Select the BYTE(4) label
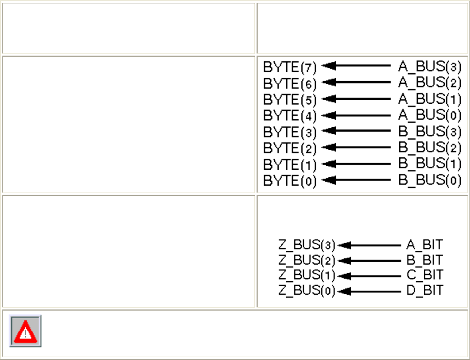pyautogui.click(x=289, y=115)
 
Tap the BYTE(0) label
pyautogui.click(x=289, y=181)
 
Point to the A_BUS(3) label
pyautogui.click(x=430, y=66)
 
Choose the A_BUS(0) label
pyautogui.click(x=430, y=115)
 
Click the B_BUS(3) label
pyautogui.click(x=430, y=132)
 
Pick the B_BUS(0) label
pyautogui.click(x=430, y=181)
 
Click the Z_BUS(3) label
pyautogui.click(x=307, y=246)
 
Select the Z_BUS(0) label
pyautogui.click(x=307, y=291)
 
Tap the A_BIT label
pyautogui.click(x=425, y=246)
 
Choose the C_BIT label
pyautogui.click(x=425, y=276)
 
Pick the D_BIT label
pyautogui.click(x=425, y=291)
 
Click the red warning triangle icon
pyautogui.click(x=25, y=331)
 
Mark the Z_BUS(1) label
pyautogui.click(x=307, y=276)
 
